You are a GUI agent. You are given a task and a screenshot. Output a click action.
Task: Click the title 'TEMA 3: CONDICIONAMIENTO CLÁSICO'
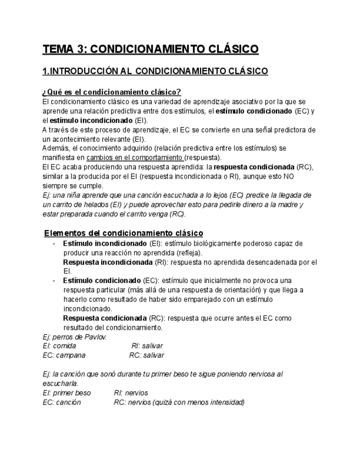point(150,49)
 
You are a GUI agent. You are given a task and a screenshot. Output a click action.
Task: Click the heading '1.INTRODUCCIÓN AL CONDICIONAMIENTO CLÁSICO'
point(155,71)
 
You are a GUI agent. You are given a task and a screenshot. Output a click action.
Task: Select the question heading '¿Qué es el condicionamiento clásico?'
point(112,92)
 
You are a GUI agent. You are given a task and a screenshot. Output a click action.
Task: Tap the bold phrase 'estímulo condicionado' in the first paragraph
point(253,111)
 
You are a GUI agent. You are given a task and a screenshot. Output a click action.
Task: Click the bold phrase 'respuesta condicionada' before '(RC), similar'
point(253,167)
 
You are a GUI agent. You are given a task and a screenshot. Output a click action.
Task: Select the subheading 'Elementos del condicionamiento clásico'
point(123,233)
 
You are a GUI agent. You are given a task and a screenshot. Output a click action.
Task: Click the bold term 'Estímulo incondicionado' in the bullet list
point(104,243)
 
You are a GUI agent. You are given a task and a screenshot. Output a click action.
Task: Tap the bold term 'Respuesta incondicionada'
point(108,262)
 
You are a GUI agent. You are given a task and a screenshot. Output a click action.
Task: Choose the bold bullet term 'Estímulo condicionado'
point(102,280)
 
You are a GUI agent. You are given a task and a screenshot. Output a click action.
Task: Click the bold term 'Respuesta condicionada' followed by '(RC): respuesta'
point(104,318)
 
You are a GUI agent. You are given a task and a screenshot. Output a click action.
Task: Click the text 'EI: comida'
point(59,346)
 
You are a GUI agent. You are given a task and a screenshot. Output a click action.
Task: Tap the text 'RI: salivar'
point(147,346)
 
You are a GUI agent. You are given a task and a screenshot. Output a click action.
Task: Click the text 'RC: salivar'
point(146,356)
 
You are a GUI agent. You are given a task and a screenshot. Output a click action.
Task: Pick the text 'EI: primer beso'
point(67,393)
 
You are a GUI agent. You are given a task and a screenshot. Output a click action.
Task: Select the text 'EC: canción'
point(62,402)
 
